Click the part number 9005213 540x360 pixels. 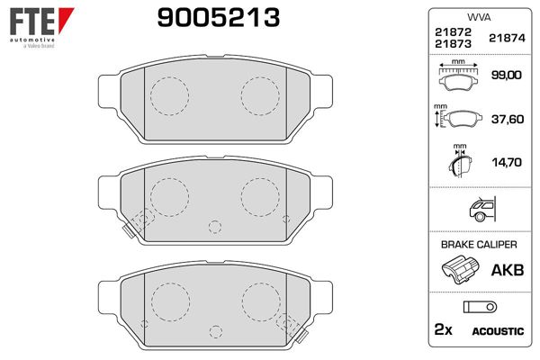(219, 18)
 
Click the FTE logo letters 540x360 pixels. (32, 21)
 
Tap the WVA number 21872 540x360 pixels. (453, 32)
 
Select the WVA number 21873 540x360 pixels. (453, 44)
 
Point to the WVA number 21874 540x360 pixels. (507, 38)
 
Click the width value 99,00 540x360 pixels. (506, 75)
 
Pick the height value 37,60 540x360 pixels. (508, 119)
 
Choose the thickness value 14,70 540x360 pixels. (506, 162)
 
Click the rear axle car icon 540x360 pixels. (482, 209)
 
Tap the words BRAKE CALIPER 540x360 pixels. (479, 245)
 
